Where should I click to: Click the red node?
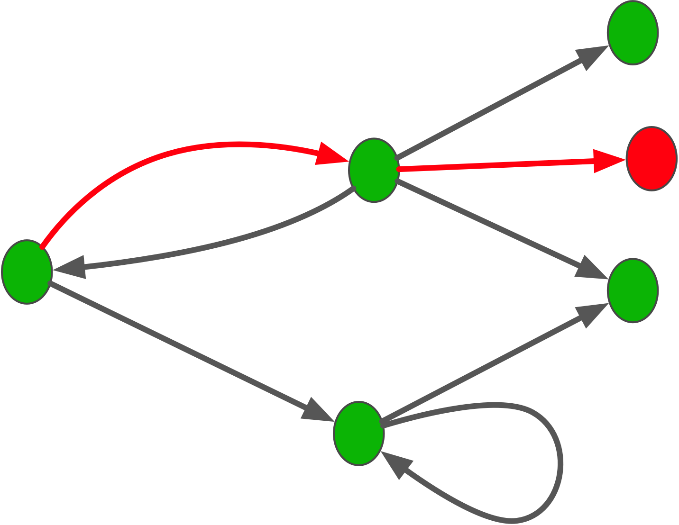coord(651,159)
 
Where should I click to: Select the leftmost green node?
coord(27,272)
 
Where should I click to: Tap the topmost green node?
coord(633,32)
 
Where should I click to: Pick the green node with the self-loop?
coord(359,433)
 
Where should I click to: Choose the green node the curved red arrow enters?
coord(374,170)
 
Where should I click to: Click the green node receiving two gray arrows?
coord(633,290)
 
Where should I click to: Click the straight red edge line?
coord(493,165)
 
